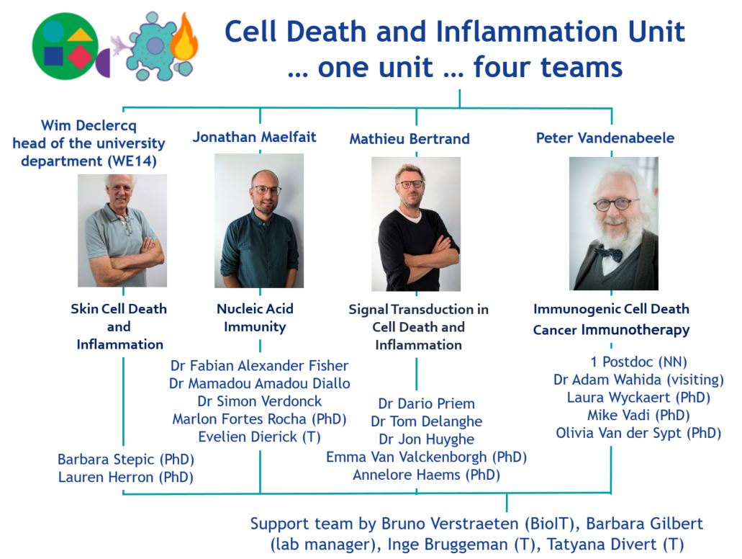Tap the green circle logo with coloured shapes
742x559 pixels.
pyautogui.click(x=65, y=46)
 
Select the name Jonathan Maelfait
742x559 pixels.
pyautogui.click(x=254, y=138)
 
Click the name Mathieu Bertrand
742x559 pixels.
pyautogui.click(x=409, y=139)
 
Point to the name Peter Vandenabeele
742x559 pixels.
pyautogui.click(x=605, y=138)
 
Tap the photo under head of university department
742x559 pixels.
pyautogui.click(x=122, y=231)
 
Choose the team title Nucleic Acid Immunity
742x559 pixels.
pyautogui.click(x=255, y=318)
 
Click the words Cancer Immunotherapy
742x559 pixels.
pyautogui.click(x=611, y=330)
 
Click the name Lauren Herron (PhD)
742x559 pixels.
pyautogui.click(x=126, y=476)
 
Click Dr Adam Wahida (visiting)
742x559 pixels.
pyautogui.click(x=638, y=380)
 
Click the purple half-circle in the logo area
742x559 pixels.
pyautogui.click(x=104, y=63)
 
